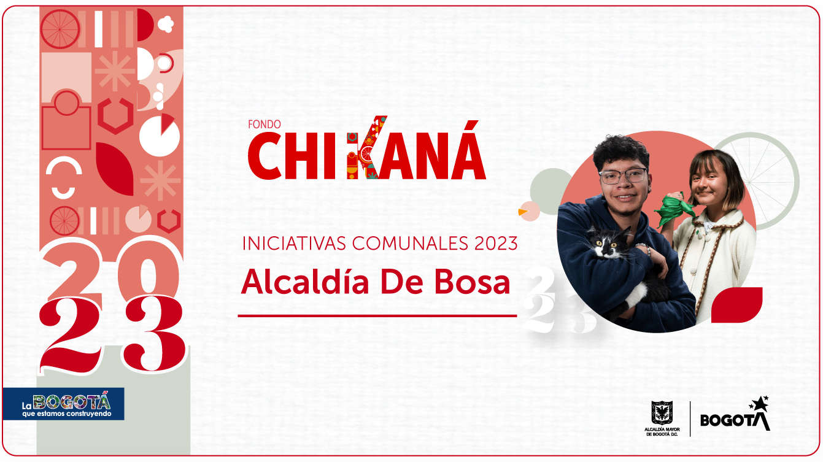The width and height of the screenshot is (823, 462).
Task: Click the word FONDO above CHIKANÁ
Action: tap(264, 125)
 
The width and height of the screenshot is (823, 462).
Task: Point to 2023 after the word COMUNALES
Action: tap(496, 244)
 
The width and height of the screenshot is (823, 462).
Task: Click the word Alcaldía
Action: tap(305, 282)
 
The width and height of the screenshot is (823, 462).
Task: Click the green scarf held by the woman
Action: tap(674, 209)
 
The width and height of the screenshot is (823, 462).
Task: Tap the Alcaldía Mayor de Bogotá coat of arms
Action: tap(662, 413)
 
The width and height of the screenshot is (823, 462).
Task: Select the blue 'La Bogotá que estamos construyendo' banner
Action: tap(64, 404)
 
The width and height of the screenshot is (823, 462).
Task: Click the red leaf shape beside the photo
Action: tap(736, 305)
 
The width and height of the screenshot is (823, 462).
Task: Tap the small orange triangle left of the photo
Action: tap(522, 212)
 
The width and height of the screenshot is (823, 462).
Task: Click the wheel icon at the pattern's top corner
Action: tap(60, 29)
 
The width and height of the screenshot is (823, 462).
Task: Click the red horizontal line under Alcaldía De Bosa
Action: tap(377, 315)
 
